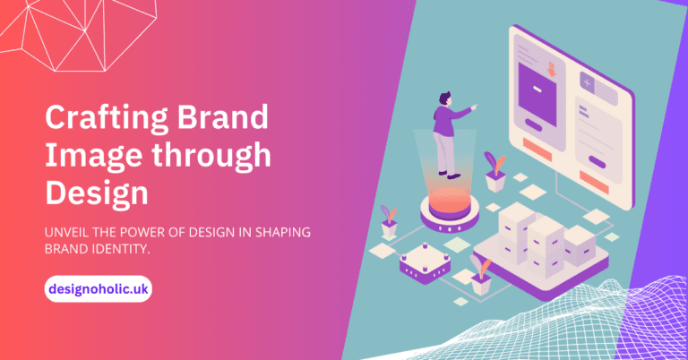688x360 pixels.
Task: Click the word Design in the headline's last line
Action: (x=97, y=193)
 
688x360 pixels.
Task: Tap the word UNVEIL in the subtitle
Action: (x=68, y=233)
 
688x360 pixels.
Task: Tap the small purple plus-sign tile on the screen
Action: (x=588, y=82)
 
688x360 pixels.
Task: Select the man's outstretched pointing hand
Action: (x=474, y=107)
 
